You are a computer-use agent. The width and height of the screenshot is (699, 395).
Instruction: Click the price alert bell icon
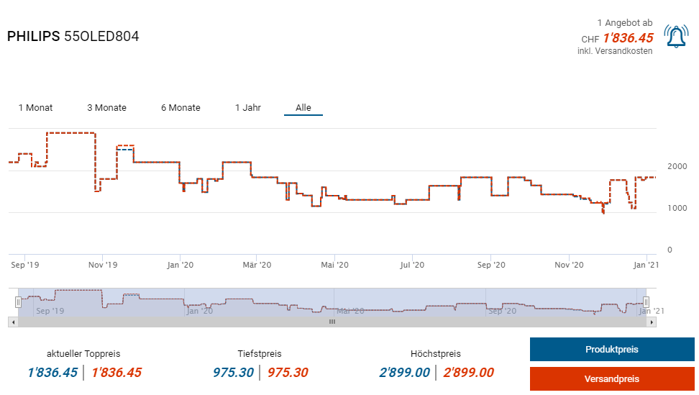pyautogui.click(x=675, y=37)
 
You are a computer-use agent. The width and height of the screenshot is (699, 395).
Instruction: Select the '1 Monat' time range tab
pyautogui.click(x=35, y=108)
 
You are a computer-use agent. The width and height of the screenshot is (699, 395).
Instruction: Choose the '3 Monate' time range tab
pyautogui.click(x=106, y=108)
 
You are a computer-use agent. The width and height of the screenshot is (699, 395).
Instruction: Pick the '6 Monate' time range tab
pyautogui.click(x=181, y=108)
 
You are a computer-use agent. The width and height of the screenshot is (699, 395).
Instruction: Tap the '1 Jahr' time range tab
pyautogui.click(x=247, y=108)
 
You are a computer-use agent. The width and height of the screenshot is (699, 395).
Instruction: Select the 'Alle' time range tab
pyautogui.click(x=303, y=108)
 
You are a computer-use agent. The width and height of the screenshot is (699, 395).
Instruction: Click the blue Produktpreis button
pyautogui.click(x=611, y=350)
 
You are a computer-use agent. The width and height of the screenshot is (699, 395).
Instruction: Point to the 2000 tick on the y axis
pyautogui.click(x=677, y=166)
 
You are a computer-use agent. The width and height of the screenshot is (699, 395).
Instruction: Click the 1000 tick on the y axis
pyautogui.click(x=677, y=208)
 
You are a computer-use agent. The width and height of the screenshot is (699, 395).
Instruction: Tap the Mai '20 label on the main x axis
pyautogui.click(x=335, y=265)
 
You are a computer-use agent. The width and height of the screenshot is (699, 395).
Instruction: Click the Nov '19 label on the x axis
pyautogui.click(x=102, y=265)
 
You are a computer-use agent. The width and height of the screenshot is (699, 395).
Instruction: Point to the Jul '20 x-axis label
pyautogui.click(x=412, y=265)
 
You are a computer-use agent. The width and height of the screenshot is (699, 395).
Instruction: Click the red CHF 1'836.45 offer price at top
pyautogui.click(x=628, y=38)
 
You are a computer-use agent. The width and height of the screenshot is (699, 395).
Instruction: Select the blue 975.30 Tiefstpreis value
pyautogui.click(x=234, y=373)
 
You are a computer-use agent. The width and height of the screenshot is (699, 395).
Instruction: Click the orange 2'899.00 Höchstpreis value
pyautogui.click(x=468, y=373)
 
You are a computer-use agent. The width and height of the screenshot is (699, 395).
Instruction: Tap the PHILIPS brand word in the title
pyautogui.click(x=34, y=36)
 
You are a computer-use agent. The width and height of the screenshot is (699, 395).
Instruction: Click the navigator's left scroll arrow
pyautogui.click(x=12, y=322)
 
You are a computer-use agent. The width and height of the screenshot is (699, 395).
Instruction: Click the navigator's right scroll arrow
pyautogui.click(x=652, y=322)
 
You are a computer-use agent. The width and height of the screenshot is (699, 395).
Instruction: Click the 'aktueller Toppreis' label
pyautogui.click(x=83, y=354)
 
